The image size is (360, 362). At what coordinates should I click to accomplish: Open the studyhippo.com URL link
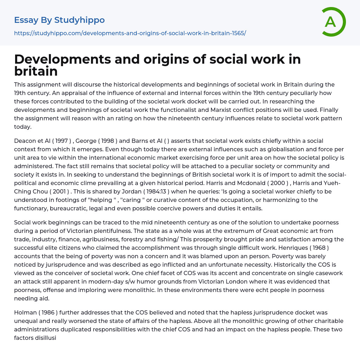[x=130, y=33]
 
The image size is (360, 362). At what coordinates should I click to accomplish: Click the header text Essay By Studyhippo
[x=59, y=20]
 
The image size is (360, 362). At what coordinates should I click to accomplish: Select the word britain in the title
[x=36, y=71]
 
